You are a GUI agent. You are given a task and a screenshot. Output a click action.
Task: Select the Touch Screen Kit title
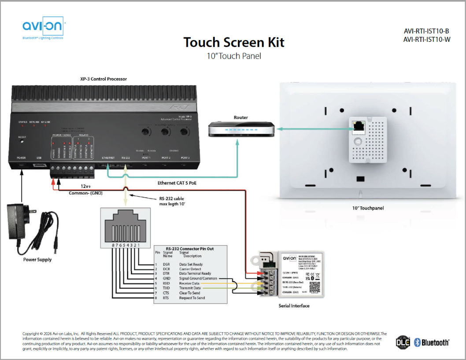[234, 42]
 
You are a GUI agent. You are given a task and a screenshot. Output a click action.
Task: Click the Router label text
[241, 118]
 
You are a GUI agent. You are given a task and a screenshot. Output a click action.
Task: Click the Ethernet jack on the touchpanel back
[358, 127]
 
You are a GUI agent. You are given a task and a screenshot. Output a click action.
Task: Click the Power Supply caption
[37, 260]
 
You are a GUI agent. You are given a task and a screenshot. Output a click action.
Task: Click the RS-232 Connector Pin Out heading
[190, 249]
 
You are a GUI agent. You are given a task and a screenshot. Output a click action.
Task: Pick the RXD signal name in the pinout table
[166, 284]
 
